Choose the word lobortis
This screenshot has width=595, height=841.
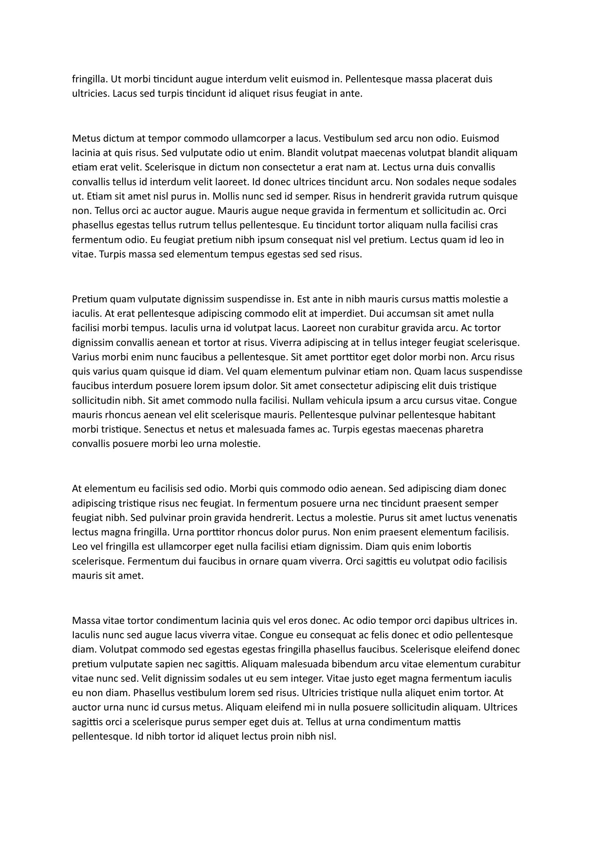454,547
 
